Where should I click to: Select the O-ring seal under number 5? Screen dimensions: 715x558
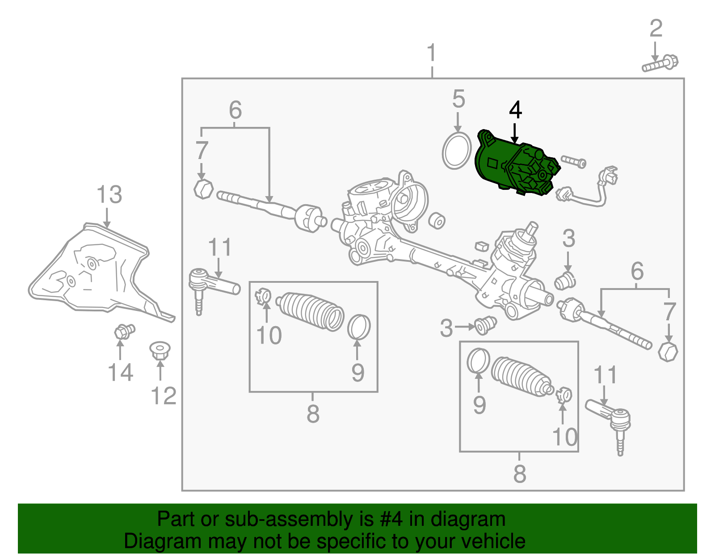(x=456, y=151)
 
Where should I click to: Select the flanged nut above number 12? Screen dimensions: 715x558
(x=160, y=351)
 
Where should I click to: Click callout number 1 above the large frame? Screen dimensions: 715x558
(x=431, y=52)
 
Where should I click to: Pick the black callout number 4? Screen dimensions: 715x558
(x=515, y=110)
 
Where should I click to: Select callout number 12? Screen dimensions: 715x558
(x=164, y=396)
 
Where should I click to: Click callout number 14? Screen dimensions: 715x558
(x=120, y=372)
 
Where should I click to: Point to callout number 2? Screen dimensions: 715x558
(x=656, y=29)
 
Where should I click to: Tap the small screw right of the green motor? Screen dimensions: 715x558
(x=573, y=161)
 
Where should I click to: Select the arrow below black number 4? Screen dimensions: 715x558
(x=515, y=134)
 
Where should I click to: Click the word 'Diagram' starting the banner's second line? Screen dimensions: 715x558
(x=162, y=541)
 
